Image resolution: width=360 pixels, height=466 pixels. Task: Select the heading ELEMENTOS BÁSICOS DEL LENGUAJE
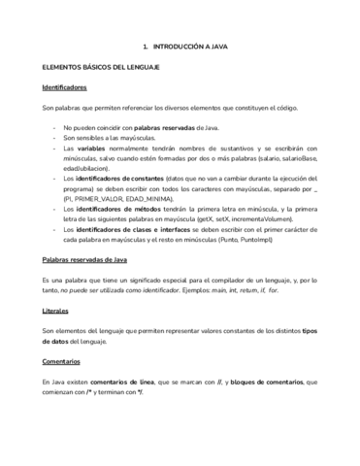tap(93, 67)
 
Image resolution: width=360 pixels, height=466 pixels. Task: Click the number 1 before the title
tap(144, 46)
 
